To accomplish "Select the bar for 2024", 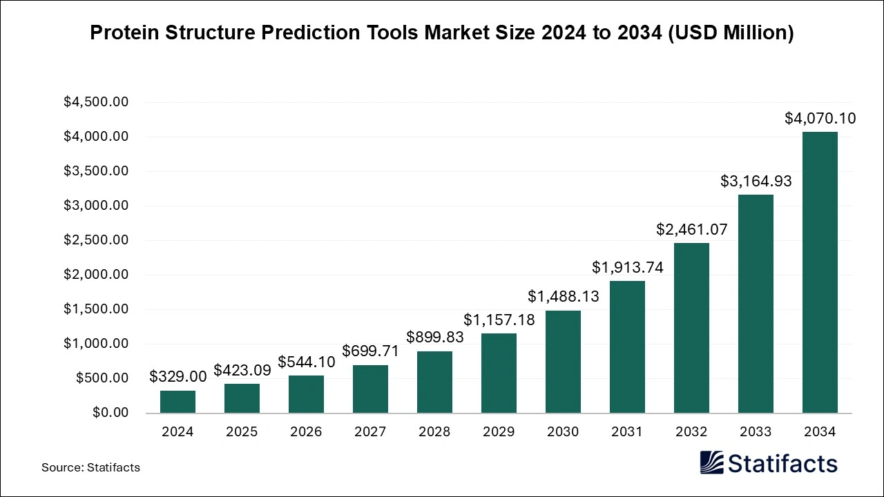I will [x=177, y=402].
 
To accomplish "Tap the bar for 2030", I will [x=563, y=362].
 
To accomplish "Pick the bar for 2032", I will [x=691, y=328].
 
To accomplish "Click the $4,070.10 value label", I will [x=820, y=119].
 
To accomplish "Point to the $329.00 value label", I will [x=177, y=377].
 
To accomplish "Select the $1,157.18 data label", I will [x=499, y=320].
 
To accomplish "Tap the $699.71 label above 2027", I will [x=370, y=351].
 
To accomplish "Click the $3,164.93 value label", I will [x=756, y=182].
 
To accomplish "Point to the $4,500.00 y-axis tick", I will [x=96, y=102].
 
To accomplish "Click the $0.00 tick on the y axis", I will [x=110, y=413].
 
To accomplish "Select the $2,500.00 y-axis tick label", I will [x=96, y=240].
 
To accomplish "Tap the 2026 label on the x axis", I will [x=306, y=432].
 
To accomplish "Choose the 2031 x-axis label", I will [x=627, y=432].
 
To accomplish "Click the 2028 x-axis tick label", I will [x=434, y=432].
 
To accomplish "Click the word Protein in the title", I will [x=124, y=32].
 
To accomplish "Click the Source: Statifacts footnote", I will [x=90, y=467].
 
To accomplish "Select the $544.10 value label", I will [x=306, y=362].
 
